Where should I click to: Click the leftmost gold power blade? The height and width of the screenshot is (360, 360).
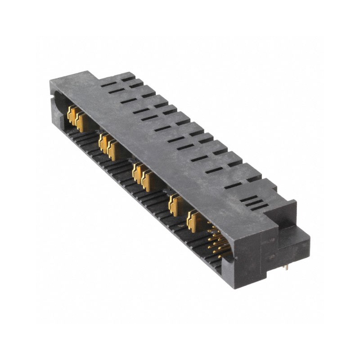click(72, 116)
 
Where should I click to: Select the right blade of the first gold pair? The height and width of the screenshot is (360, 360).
click(81, 122)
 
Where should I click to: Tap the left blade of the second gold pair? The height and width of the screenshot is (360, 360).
click(103, 144)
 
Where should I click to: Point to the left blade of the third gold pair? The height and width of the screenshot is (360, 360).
click(137, 174)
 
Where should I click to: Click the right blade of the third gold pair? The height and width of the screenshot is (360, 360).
click(146, 181)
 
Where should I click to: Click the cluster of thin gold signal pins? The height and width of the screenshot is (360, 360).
click(217, 243)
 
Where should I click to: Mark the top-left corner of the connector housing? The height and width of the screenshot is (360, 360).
click(51, 81)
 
